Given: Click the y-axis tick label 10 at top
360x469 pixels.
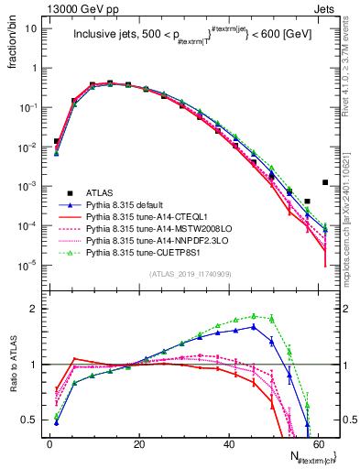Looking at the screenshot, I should click(x=28, y=28).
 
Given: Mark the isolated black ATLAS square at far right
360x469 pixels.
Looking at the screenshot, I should click(x=325, y=182).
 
